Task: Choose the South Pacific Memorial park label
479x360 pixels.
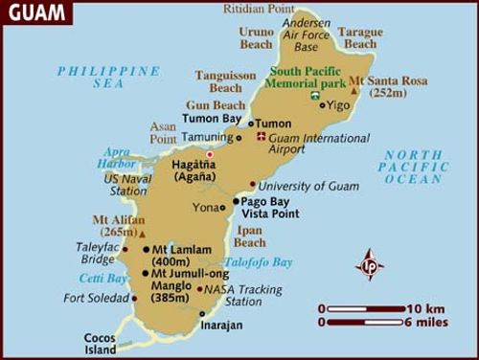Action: tap(308, 79)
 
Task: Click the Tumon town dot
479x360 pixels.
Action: tap(252, 124)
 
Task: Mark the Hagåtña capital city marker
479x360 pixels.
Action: tap(209, 154)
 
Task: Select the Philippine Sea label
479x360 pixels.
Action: tap(109, 78)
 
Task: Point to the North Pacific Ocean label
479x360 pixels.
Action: tap(414, 167)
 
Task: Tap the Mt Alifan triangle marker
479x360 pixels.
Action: tap(143, 233)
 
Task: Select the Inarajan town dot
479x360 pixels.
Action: tap(202, 313)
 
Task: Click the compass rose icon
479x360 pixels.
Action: tap(370, 265)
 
